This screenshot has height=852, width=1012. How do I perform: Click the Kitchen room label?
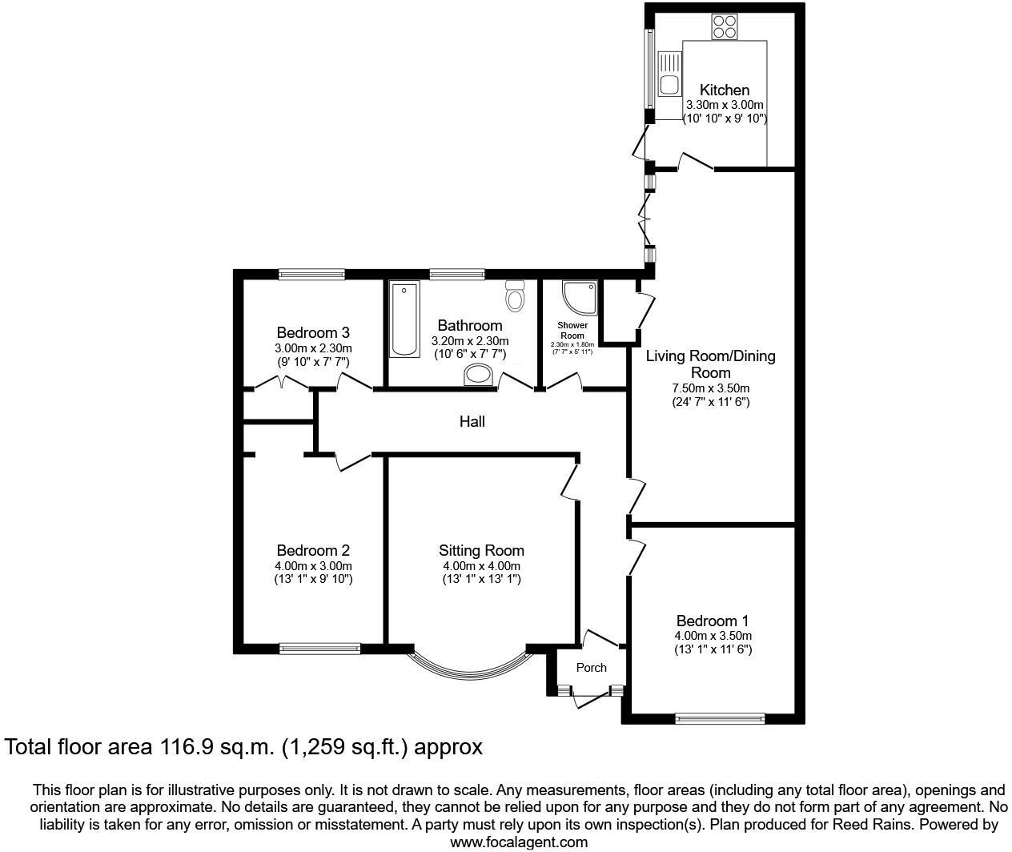pyautogui.click(x=725, y=90)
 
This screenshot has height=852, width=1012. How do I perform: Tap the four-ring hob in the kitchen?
pyautogui.click(x=725, y=27)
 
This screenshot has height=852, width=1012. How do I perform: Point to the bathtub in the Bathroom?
pyautogui.click(x=404, y=319)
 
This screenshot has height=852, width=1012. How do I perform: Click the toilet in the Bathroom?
pyautogui.click(x=515, y=297)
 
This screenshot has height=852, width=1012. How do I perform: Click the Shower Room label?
pyautogui.click(x=572, y=330)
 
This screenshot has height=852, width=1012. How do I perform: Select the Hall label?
pyautogui.click(x=472, y=421)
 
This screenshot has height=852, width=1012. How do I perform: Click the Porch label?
pyautogui.click(x=592, y=667)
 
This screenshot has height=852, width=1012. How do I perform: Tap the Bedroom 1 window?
pyautogui.click(x=720, y=718)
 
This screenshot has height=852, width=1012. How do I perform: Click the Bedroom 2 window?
pyautogui.click(x=319, y=648)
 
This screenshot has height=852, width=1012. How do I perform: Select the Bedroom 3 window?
pyautogui.click(x=311, y=274)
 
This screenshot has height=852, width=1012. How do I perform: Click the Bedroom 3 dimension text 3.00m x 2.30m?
pyautogui.click(x=313, y=348)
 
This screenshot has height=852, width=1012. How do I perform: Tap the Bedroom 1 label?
pyautogui.click(x=713, y=621)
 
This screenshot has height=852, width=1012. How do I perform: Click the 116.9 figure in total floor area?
pyautogui.click(x=182, y=747)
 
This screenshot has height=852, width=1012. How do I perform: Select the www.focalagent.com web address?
pyautogui.click(x=518, y=842)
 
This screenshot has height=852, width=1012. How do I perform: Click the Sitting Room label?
pyautogui.click(x=481, y=550)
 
